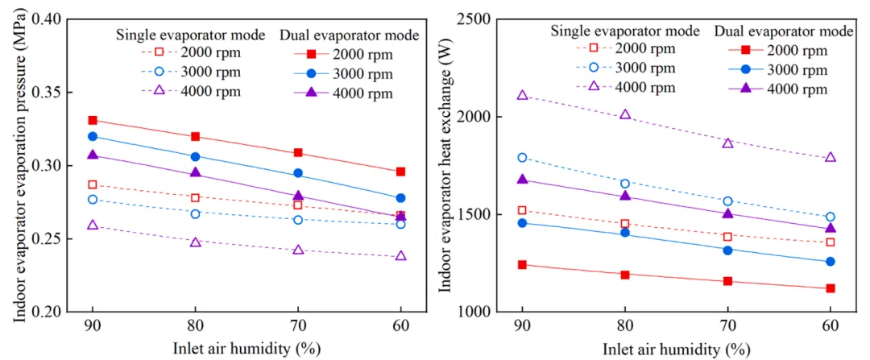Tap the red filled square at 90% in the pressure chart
pyautogui.click(x=93, y=120)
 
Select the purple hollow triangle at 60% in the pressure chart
pyautogui.click(x=400, y=256)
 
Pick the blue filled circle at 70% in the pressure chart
pyautogui.click(x=298, y=173)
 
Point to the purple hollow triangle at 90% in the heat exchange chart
pyautogui.click(x=523, y=95)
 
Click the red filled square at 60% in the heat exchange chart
pyautogui.click(x=830, y=288)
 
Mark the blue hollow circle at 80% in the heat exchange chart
pyautogui.click(x=625, y=184)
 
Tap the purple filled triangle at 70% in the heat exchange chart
pyautogui.click(x=727, y=213)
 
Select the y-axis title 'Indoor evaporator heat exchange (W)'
pyautogui.click(x=445, y=164)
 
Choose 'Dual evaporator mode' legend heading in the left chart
pyautogui.click(x=349, y=35)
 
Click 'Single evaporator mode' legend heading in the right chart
pyautogui.click(x=625, y=31)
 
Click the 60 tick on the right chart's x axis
pyautogui.click(x=830, y=326)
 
